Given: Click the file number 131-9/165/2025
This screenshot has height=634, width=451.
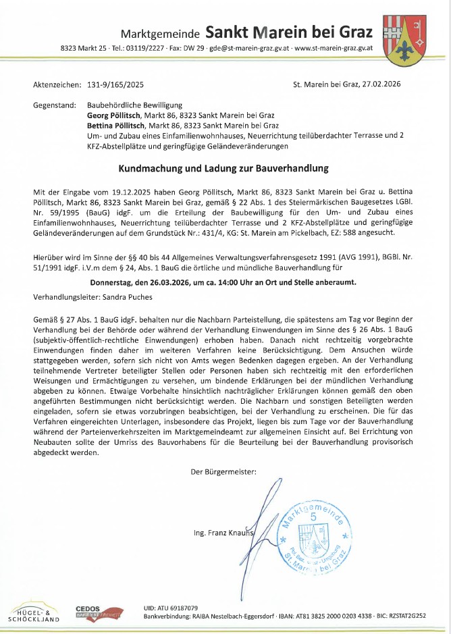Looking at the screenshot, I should point(115,86).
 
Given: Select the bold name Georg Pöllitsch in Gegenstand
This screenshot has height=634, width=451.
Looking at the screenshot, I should point(116,117).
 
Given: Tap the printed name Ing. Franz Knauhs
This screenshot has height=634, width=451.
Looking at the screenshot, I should point(223,533).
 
